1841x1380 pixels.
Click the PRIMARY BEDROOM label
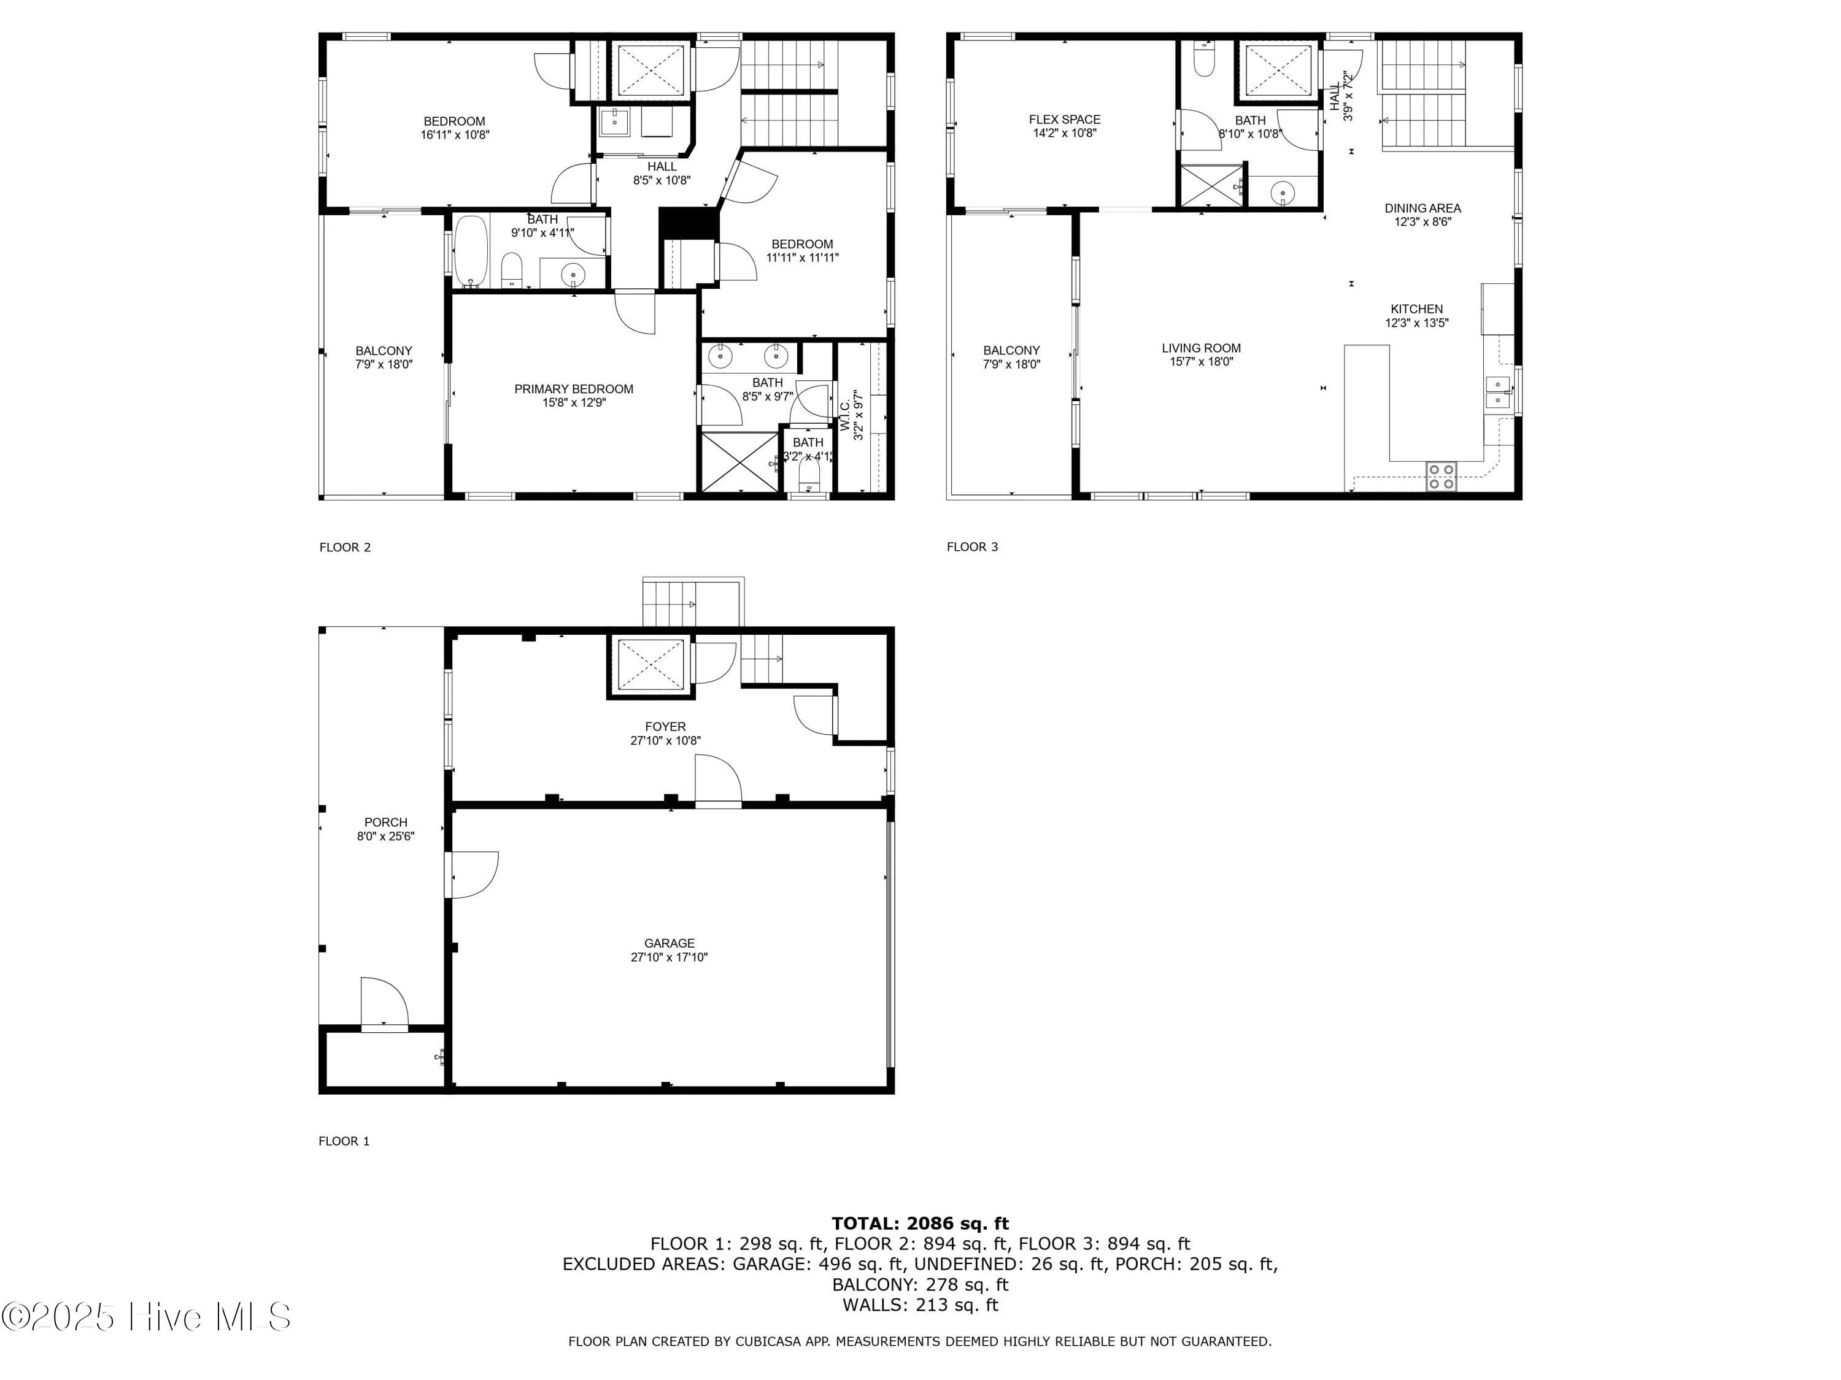click(573, 388)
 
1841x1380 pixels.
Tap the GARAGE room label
click(668, 943)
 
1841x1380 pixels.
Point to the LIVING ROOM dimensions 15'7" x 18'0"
click(1201, 362)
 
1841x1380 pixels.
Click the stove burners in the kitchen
click(1442, 477)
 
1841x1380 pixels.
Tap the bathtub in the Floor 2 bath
click(471, 251)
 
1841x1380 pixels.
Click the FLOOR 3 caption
click(971, 546)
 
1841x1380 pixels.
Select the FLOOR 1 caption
click(344, 1140)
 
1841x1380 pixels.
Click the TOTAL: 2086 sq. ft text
click(920, 1223)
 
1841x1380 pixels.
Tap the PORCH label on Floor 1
click(385, 822)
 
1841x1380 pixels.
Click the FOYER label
click(665, 726)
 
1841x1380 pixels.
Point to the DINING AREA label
click(1422, 208)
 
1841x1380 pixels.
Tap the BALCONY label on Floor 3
click(1011, 350)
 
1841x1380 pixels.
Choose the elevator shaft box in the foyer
click(650, 663)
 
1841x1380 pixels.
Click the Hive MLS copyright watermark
click(147, 1317)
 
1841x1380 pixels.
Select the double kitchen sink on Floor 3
click(1498, 392)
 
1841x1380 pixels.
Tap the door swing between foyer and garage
click(718, 780)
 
